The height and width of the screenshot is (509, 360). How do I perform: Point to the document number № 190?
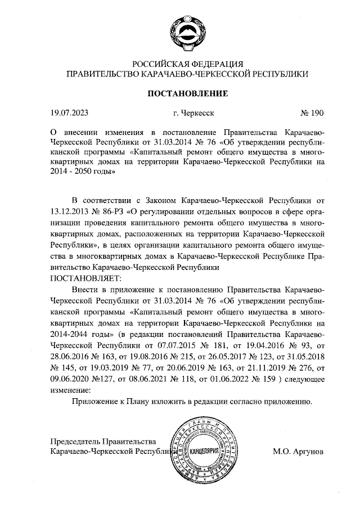(313, 113)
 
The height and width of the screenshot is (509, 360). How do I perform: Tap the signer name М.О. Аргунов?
(298, 451)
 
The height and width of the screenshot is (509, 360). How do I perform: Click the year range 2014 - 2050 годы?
(82, 172)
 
